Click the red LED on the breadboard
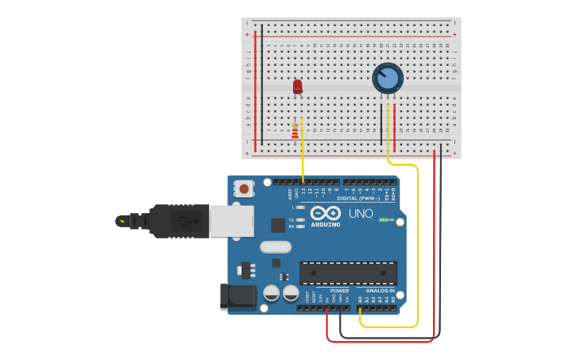[x=298, y=86]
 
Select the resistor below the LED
[x=296, y=131]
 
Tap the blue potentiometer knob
[x=388, y=78]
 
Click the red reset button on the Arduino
[x=245, y=188]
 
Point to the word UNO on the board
[x=361, y=214]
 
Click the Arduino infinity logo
[x=326, y=213]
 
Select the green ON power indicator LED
[x=383, y=219]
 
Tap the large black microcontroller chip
[x=348, y=273]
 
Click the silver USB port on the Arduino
[x=232, y=221]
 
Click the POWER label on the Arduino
[x=339, y=291]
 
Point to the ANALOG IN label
[x=381, y=291]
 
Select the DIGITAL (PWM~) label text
[x=358, y=199]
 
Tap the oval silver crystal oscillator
[x=276, y=247]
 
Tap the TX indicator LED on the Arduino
[x=300, y=219]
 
